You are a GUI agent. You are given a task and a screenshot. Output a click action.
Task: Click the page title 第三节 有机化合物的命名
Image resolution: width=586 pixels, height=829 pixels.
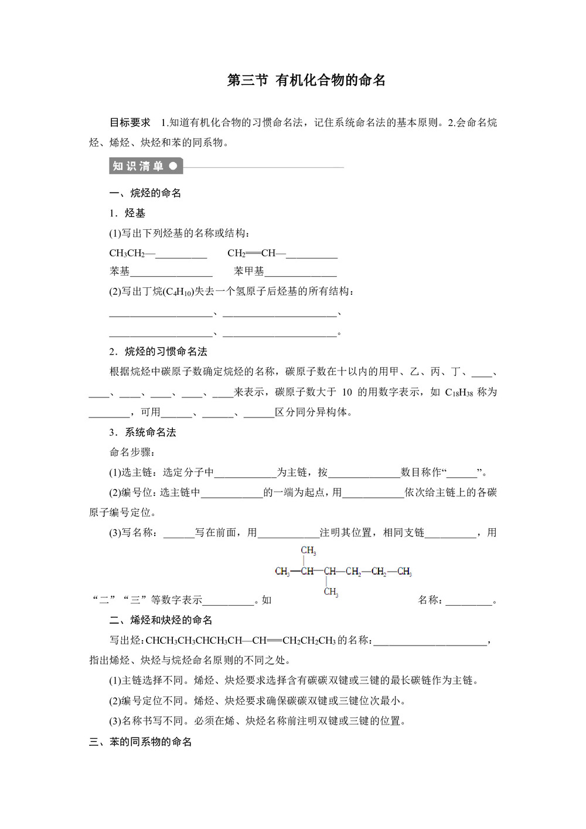click(306, 80)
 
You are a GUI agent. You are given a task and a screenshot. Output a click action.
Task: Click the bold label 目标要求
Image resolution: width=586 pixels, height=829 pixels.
click(130, 123)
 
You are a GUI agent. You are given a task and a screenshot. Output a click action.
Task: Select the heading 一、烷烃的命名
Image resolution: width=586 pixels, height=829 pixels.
click(145, 193)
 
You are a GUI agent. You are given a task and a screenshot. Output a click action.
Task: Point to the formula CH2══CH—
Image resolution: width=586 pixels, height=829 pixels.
click(255, 253)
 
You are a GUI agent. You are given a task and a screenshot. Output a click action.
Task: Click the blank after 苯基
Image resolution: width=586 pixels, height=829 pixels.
click(171, 271)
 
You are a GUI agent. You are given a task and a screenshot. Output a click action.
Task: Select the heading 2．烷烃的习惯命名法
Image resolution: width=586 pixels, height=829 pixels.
click(158, 351)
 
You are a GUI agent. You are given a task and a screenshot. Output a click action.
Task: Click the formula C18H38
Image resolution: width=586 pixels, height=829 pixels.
click(459, 392)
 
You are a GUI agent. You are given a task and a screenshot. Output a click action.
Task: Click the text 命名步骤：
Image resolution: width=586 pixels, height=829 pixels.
click(132, 452)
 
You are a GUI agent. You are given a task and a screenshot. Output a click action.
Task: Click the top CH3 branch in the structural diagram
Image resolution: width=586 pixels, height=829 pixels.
click(308, 551)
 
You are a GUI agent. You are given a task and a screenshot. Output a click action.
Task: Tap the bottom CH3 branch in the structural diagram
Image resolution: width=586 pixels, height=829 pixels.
click(331, 592)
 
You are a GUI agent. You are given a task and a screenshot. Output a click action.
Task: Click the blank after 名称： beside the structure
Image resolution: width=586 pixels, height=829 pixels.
click(469, 600)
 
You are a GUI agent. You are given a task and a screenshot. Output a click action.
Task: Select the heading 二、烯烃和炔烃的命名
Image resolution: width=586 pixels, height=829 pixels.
click(161, 620)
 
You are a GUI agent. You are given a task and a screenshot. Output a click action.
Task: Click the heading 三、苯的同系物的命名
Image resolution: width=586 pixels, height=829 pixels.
click(141, 742)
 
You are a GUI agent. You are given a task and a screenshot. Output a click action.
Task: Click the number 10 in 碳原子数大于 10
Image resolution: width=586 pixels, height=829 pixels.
click(347, 392)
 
